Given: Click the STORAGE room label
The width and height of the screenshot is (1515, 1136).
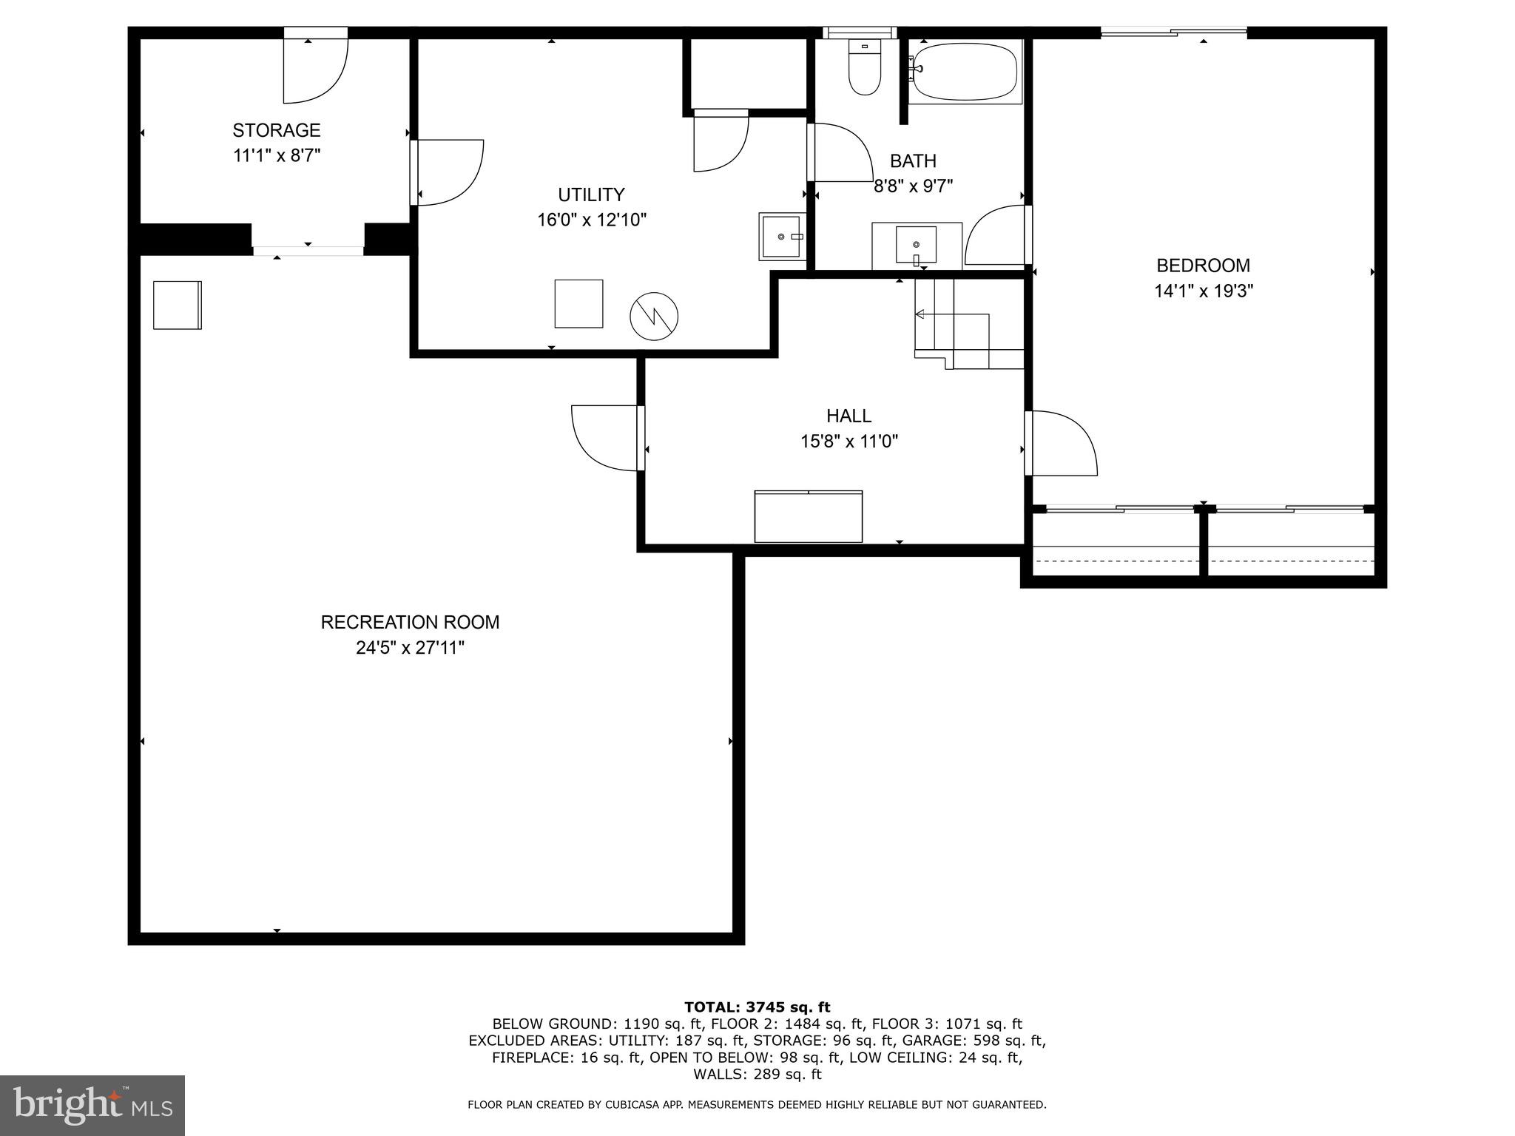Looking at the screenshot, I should click(x=276, y=130).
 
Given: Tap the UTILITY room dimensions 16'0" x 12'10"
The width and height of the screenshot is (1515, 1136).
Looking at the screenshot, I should click(x=592, y=220).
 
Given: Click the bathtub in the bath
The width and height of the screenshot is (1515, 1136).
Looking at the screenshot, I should click(x=964, y=70).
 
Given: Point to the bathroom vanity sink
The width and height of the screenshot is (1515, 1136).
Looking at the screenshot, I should click(x=916, y=245).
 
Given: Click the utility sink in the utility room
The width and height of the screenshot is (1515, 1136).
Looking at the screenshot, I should click(x=782, y=237).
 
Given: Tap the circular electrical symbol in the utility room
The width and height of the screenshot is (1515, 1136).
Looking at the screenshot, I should click(x=654, y=317).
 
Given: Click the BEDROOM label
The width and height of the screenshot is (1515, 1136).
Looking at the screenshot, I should click(x=1203, y=266).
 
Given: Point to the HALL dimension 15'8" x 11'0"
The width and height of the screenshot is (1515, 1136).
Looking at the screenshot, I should click(x=848, y=442).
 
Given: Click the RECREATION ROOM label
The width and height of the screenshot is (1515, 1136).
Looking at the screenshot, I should click(x=410, y=622).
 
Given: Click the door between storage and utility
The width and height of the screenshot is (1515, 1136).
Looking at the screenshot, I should click(x=448, y=172).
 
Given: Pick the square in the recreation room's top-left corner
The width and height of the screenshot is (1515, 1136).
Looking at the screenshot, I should click(x=178, y=305).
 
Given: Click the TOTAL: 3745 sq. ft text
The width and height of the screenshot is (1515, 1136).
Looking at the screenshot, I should click(x=757, y=1007).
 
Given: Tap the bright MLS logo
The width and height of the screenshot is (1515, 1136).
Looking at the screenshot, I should click(x=92, y=1105).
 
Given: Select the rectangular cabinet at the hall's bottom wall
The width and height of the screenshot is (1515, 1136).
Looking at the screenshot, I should click(x=808, y=516).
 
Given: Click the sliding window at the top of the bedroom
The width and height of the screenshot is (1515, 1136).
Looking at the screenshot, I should click(x=1174, y=31).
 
